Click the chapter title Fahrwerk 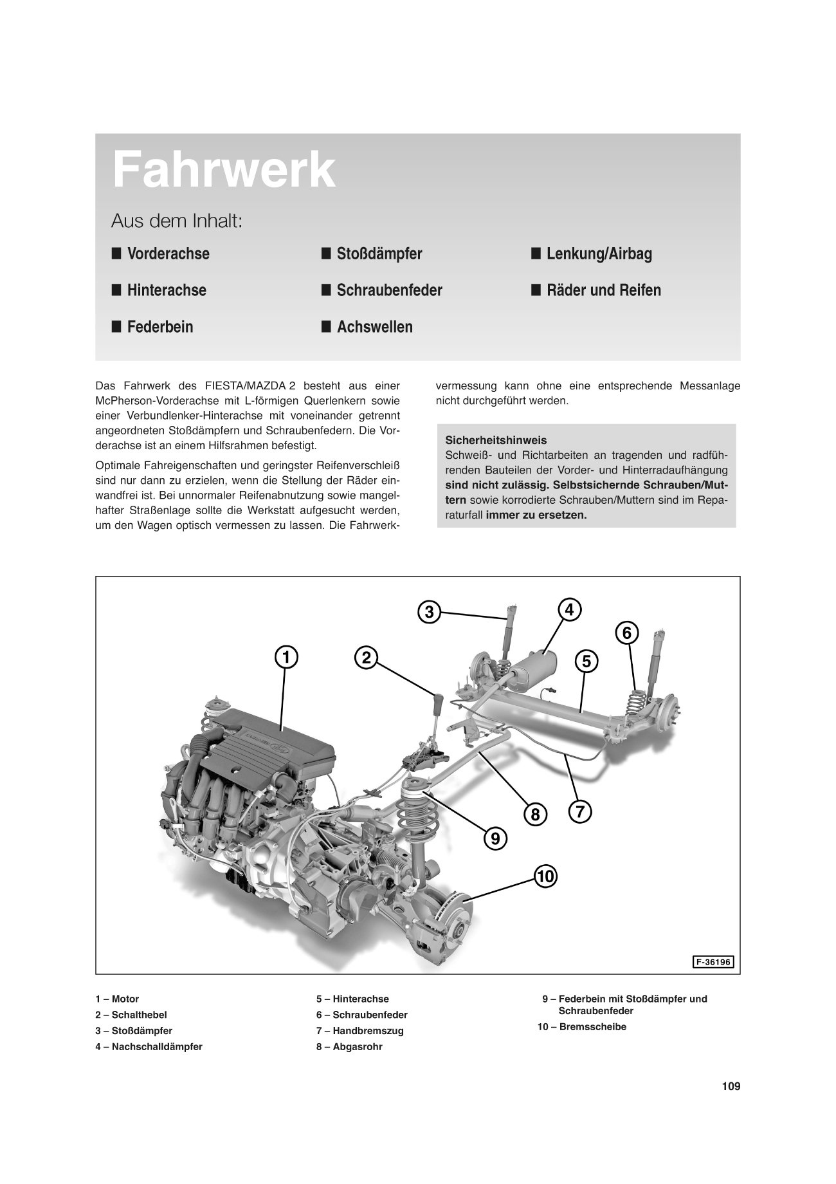[224, 171]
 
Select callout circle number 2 [366, 658]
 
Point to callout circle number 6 [628, 633]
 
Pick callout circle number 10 [545, 876]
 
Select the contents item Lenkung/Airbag [599, 254]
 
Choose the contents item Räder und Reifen [603, 290]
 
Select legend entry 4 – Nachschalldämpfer [149, 1047]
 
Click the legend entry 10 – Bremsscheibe [582, 1027]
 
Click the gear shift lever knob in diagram [437, 703]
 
